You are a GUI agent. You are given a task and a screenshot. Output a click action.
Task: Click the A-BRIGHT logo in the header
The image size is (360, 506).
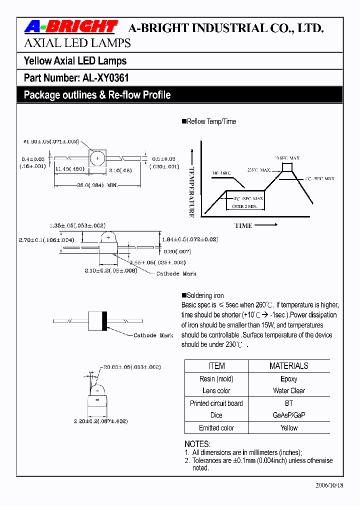[x=70, y=27]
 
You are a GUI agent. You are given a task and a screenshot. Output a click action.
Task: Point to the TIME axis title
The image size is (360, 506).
[x=243, y=225]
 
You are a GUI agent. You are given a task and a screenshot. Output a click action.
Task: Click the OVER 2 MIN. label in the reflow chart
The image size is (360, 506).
[x=244, y=206]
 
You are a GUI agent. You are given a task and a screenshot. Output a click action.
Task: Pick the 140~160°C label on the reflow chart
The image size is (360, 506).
[x=221, y=173]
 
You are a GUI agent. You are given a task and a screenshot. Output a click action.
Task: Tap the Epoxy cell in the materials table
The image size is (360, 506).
[x=288, y=379]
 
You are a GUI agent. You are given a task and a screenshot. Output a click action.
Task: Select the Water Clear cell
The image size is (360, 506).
[x=288, y=390]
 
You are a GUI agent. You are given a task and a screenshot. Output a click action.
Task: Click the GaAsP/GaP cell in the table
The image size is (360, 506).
[x=288, y=415]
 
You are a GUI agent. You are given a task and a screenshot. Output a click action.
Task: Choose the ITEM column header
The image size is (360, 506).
[x=216, y=366]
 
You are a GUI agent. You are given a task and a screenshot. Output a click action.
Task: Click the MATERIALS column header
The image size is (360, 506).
[x=288, y=366]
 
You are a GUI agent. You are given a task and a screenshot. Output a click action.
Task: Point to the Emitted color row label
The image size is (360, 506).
[x=216, y=428]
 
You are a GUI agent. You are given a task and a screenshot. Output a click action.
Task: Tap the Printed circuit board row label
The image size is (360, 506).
[x=216, y=403]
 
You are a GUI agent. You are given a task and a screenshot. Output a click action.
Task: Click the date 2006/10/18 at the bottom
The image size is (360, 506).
[x=329, y=485]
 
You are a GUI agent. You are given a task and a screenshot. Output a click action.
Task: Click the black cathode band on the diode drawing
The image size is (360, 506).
[x=103, y=319]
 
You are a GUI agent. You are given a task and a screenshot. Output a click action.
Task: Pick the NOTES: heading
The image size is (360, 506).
[x=197, y=444]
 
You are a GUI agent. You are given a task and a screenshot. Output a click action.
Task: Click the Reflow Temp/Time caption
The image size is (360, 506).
[x=211, y=121]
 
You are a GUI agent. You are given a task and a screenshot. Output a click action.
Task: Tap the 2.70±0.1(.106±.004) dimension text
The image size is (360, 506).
[x=47, y=240]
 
